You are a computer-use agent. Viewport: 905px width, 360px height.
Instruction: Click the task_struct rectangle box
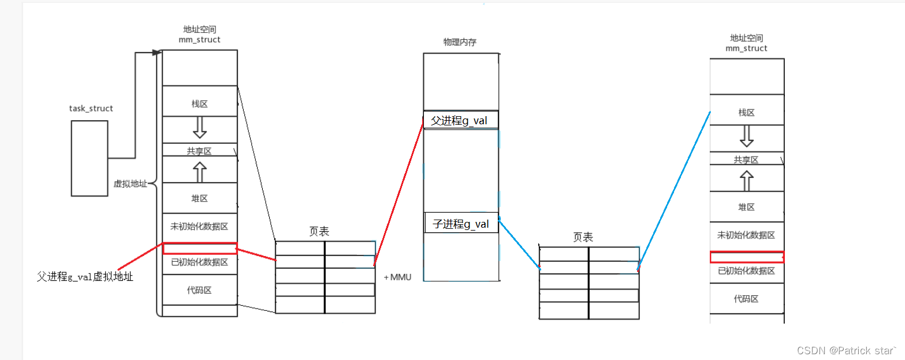(x=90, y=158)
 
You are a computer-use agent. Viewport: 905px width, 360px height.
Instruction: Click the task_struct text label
(x=91, y=109)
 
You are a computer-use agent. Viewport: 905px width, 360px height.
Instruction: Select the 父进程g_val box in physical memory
(x=460, y=121)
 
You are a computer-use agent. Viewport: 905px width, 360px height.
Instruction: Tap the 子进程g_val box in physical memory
(x=461, y=223)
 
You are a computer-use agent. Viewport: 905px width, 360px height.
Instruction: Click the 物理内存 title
(x=460, y=42)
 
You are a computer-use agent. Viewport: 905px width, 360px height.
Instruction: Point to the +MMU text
(x=397, y=277)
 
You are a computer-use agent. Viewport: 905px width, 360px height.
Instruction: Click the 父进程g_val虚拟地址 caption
(x=85, y=277)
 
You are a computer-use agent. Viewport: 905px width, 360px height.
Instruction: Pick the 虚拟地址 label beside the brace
(x=131, y=184)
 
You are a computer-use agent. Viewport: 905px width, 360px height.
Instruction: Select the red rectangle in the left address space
(x=200, y=248)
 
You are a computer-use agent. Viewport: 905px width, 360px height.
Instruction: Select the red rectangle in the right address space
(x=747, y=257)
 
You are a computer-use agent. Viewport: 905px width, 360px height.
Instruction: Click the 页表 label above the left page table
(x=319, y=231)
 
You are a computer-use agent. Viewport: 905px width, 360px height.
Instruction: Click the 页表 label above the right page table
(x=583, y=237)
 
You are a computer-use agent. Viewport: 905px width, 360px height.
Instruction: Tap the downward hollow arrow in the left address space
(x=200, y=128)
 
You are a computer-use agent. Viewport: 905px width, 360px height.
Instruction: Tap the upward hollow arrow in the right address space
(x=747, y=180)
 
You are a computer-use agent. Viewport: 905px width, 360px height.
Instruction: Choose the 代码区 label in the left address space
(x=199, y=290)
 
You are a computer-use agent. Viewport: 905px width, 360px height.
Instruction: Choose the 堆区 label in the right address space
(x=746, y=207)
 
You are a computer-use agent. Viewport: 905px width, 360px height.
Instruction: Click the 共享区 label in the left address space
(x=199, y=151)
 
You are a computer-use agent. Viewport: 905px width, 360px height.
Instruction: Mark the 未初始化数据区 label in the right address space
(x=746, y=235)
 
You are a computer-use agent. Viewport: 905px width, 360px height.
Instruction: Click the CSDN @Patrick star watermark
(x=847, y=350)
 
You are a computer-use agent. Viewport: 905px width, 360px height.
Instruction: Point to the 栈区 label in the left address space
(x=199, y=104)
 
